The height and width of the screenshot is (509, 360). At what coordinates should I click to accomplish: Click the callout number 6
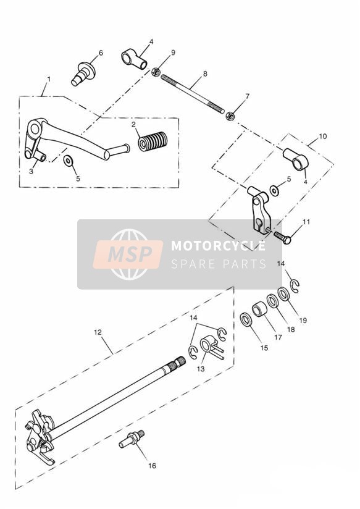point(101,53)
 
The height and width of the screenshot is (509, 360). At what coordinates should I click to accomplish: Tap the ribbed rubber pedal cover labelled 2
point(153,141)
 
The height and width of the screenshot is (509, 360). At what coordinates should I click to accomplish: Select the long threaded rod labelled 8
point(193,94)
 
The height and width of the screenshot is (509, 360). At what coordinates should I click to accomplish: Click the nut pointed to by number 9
point(156,72)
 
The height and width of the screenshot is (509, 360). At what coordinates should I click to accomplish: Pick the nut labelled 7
point(230,116)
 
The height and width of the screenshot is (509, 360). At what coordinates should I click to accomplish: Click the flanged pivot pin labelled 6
point(83,74)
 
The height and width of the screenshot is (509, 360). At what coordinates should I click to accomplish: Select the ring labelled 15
point(246,320)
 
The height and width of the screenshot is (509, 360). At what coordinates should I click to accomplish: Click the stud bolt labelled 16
point(132,439)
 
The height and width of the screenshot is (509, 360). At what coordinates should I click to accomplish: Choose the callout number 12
point(98,332)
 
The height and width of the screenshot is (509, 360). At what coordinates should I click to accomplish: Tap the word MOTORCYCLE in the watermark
point(218,246)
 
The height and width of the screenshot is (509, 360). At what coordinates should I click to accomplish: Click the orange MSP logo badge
point(128,254)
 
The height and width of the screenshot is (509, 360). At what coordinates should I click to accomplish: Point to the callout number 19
point(303,321)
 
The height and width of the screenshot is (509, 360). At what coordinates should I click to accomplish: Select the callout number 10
point(323,137)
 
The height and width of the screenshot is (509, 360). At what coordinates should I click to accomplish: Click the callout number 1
point(49,79)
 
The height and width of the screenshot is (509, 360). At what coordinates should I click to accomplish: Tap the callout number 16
point(152,466)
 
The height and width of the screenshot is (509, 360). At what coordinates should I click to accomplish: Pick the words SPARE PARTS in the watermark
point(218,264)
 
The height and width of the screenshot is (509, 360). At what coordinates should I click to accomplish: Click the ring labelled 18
point(273,301)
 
